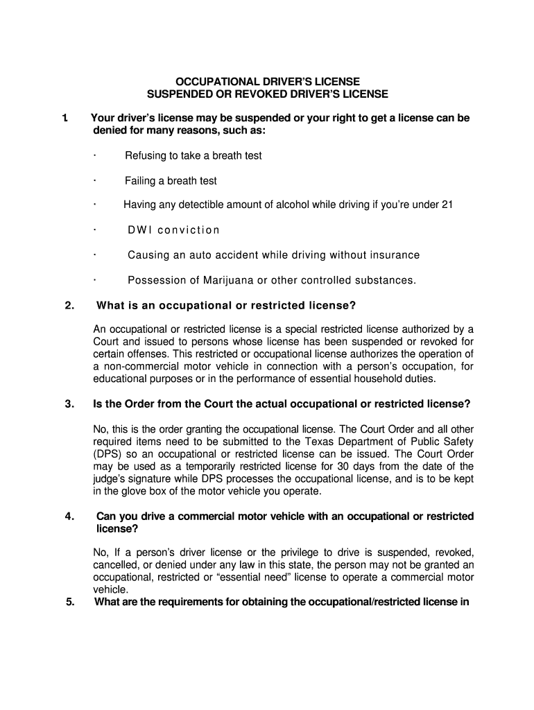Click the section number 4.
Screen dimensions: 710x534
point(69,517)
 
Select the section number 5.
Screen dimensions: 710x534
point(70,602)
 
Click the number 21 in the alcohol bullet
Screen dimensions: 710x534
point(447,205)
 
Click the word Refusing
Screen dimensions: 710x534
point(146,155)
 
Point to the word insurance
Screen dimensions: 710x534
point(393,255)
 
